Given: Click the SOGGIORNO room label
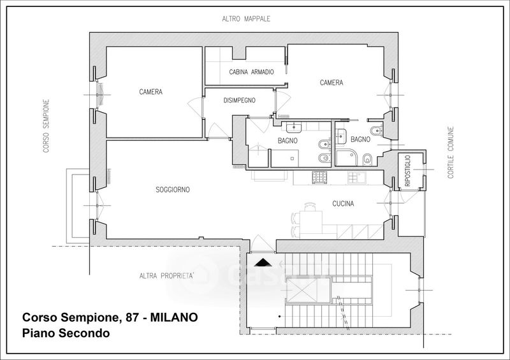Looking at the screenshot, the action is [173, 190].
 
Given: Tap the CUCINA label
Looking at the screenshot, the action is [343, 204].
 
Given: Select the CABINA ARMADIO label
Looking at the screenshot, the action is [251, 72].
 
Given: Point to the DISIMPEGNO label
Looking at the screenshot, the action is [240, 101].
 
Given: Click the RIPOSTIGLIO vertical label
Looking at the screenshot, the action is [408, 171].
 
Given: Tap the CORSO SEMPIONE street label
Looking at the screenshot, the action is [46, 126].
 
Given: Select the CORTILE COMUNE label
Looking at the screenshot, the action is [451, 152].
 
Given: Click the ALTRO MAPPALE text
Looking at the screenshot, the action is [246, 19].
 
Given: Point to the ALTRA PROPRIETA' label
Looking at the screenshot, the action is [166, 276].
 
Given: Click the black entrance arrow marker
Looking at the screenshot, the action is [263, 263].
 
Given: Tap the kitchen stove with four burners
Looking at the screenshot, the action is [319, 177].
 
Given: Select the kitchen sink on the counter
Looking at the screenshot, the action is [358, 177].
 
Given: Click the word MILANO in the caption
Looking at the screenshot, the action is [173, 317].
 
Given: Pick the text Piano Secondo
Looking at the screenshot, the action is [66, 333].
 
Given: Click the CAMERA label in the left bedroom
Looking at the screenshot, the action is [150, 92].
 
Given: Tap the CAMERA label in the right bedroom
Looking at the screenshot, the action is [331, 83].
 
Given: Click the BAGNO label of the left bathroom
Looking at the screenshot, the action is [288, 141].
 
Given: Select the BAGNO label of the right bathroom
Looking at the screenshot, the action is [360, 140].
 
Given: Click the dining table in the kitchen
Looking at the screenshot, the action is [310, 222].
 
